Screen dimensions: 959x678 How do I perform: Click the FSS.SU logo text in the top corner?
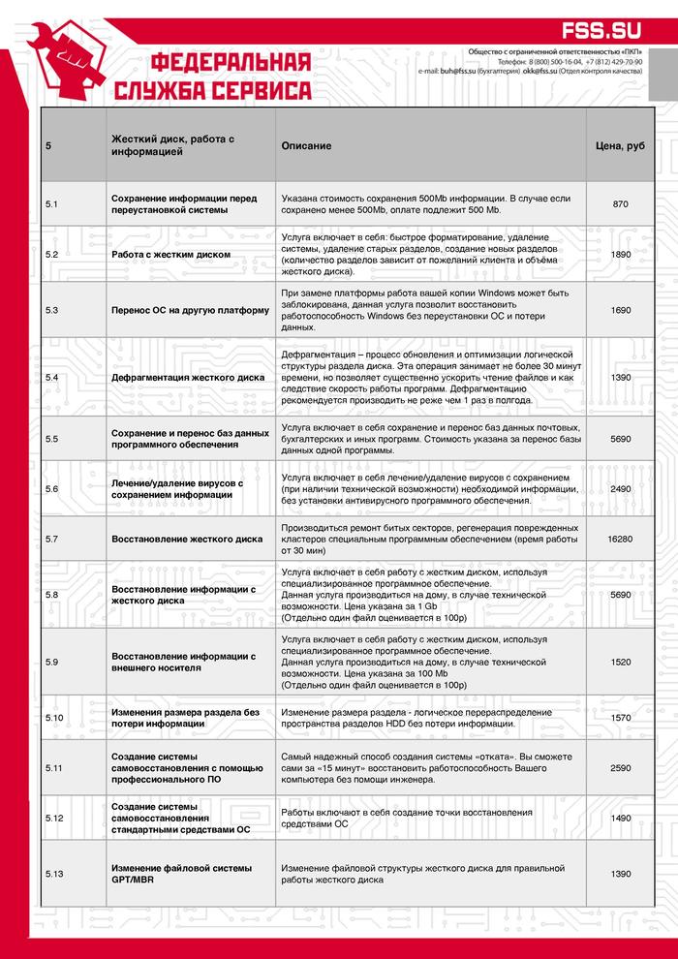coord(617,30)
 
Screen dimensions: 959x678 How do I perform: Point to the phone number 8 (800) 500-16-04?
coord(549,61)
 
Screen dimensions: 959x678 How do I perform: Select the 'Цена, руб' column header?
coord(620,146)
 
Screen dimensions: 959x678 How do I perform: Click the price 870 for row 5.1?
coord(620,204)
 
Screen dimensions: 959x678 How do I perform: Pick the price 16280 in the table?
coord(620,538)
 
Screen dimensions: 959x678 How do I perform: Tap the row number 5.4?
coord(52,377)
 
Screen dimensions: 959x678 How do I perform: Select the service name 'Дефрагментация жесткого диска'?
coord(188,377)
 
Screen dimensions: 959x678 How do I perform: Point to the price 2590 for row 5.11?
coord(620,767)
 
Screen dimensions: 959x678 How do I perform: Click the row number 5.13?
coord(54,874)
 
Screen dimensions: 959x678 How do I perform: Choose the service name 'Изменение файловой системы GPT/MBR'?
coord(182,874)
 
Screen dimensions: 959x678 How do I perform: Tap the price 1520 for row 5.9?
coord(620,662)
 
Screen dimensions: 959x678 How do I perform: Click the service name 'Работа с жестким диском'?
coord(171,255)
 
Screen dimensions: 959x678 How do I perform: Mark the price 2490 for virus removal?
coord(620,489)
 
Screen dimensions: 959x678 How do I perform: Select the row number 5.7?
coord(52,538)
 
